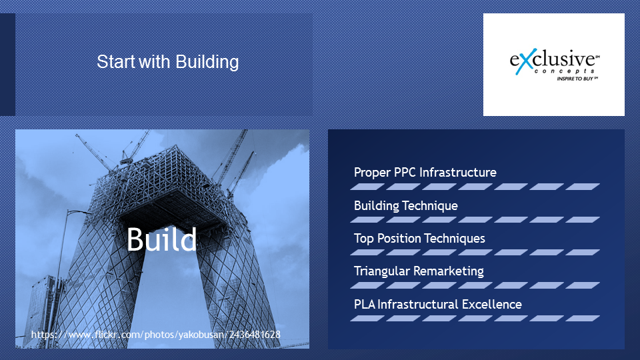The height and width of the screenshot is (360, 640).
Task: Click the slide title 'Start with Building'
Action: point(168,62)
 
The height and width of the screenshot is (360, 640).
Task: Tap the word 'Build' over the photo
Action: point(161,239)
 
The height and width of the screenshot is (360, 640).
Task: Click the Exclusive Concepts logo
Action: point(554,65)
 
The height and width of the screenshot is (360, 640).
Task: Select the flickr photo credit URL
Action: point(155,335)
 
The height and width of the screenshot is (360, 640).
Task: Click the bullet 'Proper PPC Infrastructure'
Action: point(425,173)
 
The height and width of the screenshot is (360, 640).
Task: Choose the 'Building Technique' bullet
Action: point(406,206)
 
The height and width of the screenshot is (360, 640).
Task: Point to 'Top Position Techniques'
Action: point(419,239)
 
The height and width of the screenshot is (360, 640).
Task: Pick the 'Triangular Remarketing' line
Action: point(419,271)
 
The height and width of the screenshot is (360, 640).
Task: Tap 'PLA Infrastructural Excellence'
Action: point(437,305)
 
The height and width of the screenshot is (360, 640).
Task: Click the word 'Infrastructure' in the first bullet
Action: point(457,172)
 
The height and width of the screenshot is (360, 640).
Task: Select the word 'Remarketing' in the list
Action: point(448,271)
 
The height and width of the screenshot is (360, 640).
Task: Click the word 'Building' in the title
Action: point(207,62)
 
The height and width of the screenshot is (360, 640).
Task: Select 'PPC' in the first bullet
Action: point(405,172)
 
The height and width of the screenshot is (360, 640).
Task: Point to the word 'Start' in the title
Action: point(115,62)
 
